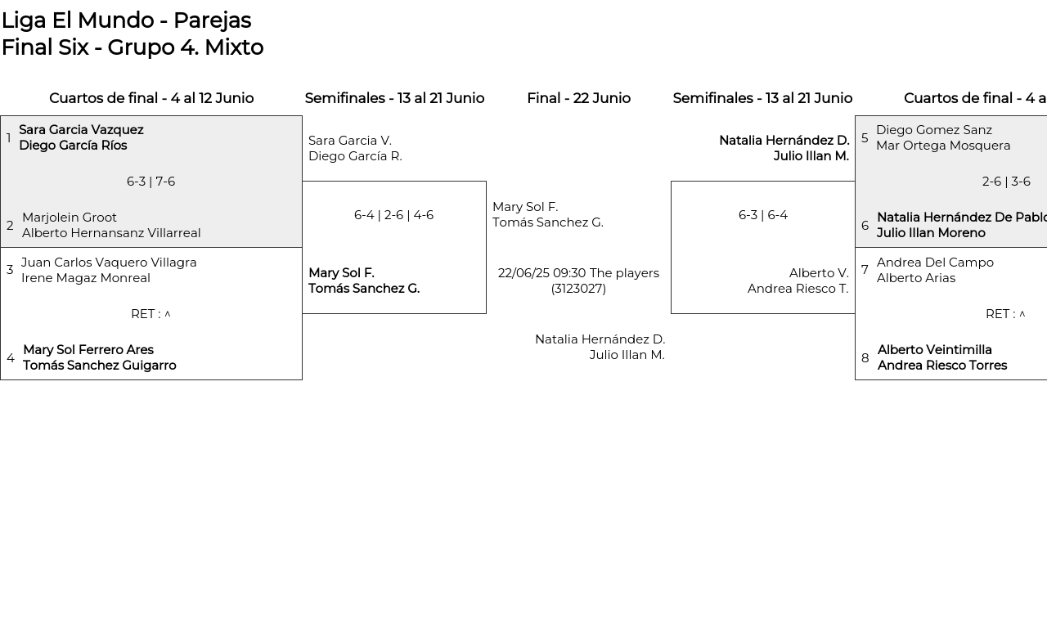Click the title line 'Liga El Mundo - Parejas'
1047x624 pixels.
click(x=127, y=20)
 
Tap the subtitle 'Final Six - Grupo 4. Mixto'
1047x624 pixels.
click(x=133, y=47)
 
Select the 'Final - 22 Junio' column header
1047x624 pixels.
click(x=578, y=98)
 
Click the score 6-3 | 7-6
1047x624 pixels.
click(x=151, y=182)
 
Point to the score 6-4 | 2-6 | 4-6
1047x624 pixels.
click(x=393, y=215)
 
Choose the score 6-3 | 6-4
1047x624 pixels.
click(x=763, y=215)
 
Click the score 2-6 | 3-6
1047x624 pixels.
click(x=1006, y=182)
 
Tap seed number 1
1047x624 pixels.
click(x=8, y=138)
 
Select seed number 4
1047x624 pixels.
click(x=11, y=358)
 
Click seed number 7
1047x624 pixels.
click(x=865, y=270)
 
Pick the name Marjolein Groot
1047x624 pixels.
click(x=70, y=218)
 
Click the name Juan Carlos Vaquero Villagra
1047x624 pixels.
click(x=109, y=263)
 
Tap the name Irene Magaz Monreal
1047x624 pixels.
click(x=86, y=278)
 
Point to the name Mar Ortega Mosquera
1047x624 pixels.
click(x=943, y=146)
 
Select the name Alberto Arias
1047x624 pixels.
click(x=915, y=278)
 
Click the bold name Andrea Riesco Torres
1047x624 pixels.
click(x=941, y=366)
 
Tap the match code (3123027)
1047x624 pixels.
click(x=578, y=289)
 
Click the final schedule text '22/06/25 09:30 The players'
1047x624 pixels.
click(x=578, y=273)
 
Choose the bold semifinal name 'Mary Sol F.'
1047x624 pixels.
click(x=341, y=273)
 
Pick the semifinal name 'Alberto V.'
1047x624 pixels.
click(x=819, y=273)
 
